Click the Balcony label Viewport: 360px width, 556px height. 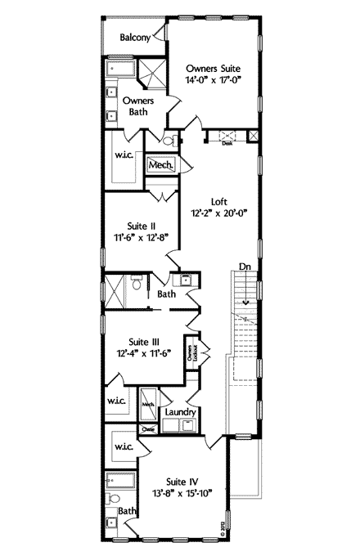click(135, 38)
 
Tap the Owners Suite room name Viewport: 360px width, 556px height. click(214, 69)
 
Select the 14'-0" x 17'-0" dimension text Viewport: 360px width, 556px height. click(214, 81)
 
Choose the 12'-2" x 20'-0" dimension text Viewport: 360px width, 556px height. click(218, 214)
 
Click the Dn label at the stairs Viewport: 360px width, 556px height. click(244, 265)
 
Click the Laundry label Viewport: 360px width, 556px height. click(179, 411)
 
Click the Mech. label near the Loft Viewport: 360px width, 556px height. click(159, 165)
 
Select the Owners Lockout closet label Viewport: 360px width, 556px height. click(194, 352)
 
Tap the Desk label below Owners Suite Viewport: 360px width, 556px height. click(227, 143)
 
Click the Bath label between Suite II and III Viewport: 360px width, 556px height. click(166, 293)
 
